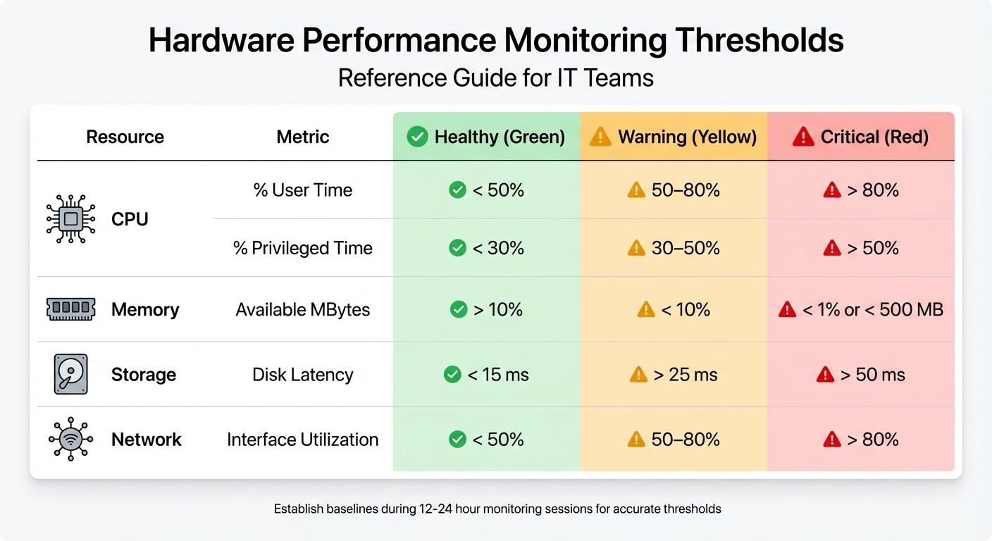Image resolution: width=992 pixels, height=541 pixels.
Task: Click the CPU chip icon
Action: pyautogui.click(x=70, y=219)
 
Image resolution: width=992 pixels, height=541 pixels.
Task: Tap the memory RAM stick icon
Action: pyautogui.click(x=70, y=309)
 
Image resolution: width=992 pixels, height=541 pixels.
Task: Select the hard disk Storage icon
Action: pyautogui.click(x=70, y=374)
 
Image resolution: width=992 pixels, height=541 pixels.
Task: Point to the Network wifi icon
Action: pyautogui.click(x=70, y=440)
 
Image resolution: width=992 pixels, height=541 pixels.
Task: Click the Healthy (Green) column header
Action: pyautogui.click(x=487, y=137)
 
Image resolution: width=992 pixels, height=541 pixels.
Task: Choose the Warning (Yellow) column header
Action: pyautogui.click(x=674, y=137)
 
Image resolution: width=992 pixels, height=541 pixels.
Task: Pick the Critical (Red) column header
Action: pyautogui.click(x=861, y=137)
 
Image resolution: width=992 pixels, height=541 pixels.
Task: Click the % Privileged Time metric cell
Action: pyautogui.click(x=303, y=248)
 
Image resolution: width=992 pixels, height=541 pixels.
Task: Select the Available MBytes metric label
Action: pyautogui.click(x=303, y=309)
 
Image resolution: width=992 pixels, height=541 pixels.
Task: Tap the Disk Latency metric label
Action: pyautogui.click(x=303, y=375)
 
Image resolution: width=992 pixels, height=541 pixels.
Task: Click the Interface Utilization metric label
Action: pyautogui.click(x=303, y=440)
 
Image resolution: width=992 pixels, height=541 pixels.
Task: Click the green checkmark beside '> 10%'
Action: pyautogui.click(x=459, y=309)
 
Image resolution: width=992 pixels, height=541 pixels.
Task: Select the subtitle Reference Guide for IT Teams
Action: pyautogui.click(x=496, y=77)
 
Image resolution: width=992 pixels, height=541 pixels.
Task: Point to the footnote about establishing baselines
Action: pyautogui.click(x=497, y=508)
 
